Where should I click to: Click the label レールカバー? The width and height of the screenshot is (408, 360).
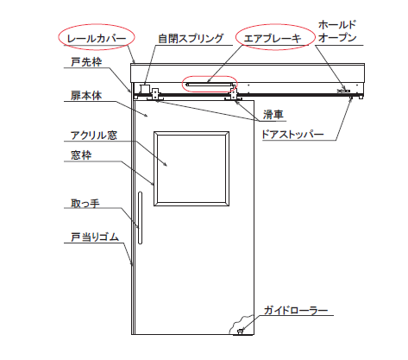point(97,38)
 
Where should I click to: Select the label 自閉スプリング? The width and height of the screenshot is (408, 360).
point(191,38)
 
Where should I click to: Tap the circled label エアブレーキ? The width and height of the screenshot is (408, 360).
point(273,38)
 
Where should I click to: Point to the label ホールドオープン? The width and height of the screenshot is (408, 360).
point(337,31)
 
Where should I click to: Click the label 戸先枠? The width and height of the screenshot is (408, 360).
point(86,61)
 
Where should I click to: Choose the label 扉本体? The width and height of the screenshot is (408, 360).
point(86,95)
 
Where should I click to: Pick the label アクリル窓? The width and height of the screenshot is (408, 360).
point(94,135)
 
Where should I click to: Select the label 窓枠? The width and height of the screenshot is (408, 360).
point(81,155)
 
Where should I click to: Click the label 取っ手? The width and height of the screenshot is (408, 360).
point(85,203)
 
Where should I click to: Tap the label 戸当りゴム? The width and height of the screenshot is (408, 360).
point(95,237)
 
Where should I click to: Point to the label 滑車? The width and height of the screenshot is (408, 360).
point(273,114)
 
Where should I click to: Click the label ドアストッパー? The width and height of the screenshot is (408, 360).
point(292,134)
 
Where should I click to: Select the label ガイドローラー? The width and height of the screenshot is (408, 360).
point(296,311)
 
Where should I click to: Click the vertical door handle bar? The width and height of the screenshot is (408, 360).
point(140,218)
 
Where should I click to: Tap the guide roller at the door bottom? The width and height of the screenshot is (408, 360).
point(240,332)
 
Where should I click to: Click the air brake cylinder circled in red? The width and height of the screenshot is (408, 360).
point(209,85)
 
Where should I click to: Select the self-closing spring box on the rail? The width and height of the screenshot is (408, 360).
point(145,88)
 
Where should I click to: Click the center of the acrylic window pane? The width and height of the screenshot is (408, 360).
point(191,168)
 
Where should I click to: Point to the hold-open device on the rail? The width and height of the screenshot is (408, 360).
point(343,91)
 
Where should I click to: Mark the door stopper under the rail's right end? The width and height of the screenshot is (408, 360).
point(350,98)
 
